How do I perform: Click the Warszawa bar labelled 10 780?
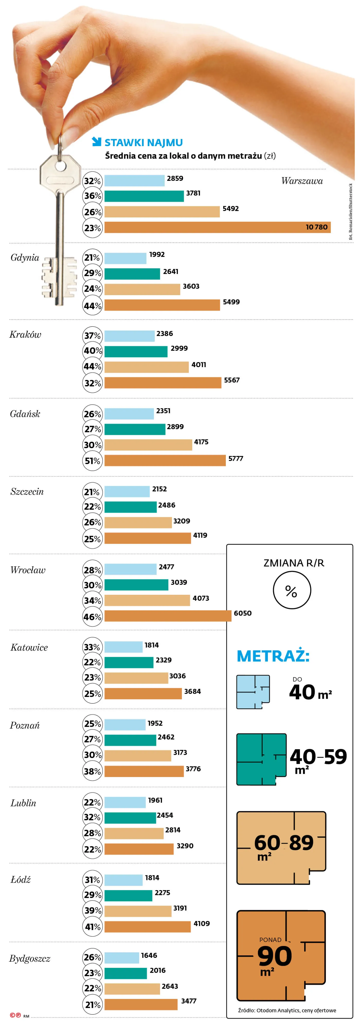217,227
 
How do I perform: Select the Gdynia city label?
25,258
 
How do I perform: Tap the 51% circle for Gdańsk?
92,461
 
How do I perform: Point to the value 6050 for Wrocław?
242,613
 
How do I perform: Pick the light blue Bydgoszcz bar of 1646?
122,958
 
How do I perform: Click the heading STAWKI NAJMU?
143,143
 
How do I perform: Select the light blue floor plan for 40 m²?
253,692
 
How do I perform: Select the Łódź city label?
20,880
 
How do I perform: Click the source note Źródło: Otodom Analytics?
287,1010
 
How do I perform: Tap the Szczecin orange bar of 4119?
148,538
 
